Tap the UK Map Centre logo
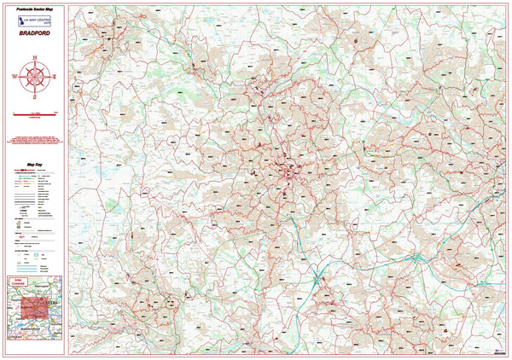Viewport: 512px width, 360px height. pyautogui.click(x=36, y=20)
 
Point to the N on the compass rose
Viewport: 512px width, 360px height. pyautogui.click(x=35, y=57)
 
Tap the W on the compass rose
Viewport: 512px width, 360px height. pyautogui.click(x=15, y=76)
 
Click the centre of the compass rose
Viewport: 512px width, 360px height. pyautogui.click(x=35, y=76)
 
